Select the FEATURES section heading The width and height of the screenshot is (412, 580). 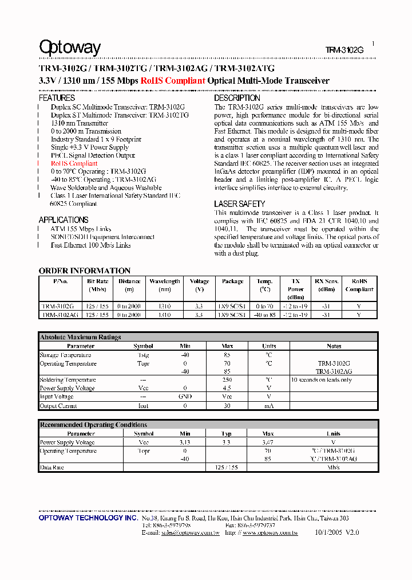pyautogui.click(x=57, y=98)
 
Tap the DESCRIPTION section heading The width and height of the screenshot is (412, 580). pyautogui.click(x=237, y=98)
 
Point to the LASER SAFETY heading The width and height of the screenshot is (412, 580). pyautogui.click(x=239, y=204)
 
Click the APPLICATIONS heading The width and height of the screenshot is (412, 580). pyautogui.click(x=64, y=220)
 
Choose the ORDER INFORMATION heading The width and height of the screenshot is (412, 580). pyautogui.click(x=85, y=271)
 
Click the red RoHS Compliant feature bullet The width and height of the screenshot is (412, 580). pyautogui.click(x=74, y=163)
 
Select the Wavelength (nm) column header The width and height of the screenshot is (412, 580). pyautogui.click(x=165, y=285)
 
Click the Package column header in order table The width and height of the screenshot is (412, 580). pyautogui.click(x=232, y=281)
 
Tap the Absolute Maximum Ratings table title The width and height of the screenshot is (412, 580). pyautogui.click(x=80, y=338)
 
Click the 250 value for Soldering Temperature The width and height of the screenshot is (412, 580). pyautogui.click(x=227, y=380)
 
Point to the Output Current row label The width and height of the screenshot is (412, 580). pyautogui.click(x=58, y=406)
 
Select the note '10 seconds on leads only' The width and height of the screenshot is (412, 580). pyautogui.click(x=322, y=380)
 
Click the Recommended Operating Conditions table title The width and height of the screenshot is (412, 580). pyautogui.click(x=93, y=425)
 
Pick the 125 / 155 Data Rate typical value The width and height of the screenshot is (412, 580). pyautogui.click(x=227, y=467)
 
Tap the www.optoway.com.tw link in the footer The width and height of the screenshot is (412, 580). pyautogui.click(x=270, y=532)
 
